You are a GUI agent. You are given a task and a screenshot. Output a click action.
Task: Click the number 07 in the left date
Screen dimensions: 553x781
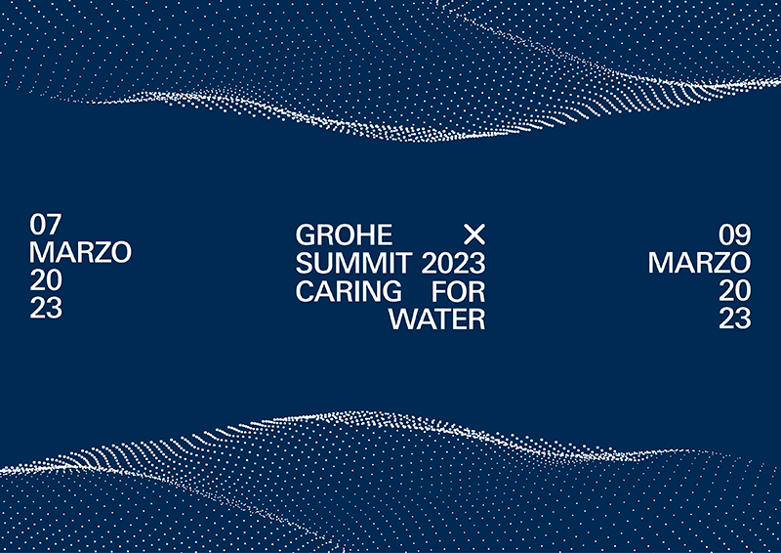pyautogui.click(x=47, y=224)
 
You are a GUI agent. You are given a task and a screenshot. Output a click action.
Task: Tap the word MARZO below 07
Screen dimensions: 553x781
pyautogui.click(x=80, y=252)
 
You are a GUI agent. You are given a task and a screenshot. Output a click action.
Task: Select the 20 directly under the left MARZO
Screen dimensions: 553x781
pyautogui.click(x=47, y=280)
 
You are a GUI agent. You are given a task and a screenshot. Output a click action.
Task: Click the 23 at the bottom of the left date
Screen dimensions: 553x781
pyautogui.click(x=47, y=309)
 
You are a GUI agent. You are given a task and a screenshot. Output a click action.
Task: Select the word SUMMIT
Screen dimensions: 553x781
pyautogui.click(x=354, y=263)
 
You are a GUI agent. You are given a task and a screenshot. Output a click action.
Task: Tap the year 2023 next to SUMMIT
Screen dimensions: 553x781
pyautogui.click(x=453, y=263)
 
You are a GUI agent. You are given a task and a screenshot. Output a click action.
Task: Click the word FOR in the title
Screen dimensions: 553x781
pyautogui.click(x=458, y=291)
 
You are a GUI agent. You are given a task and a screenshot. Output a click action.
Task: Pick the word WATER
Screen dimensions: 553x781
pyautogui.click(x=436, y=319)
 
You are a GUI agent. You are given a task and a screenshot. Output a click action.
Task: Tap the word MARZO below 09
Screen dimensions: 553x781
pyautogui.click(x=699, y=263)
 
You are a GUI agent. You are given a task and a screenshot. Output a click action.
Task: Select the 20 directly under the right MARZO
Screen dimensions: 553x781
pyautogui.click(x=734, y=291)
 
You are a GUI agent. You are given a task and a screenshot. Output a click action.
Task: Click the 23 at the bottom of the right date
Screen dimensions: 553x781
pyautogui.click(x=734, y=319)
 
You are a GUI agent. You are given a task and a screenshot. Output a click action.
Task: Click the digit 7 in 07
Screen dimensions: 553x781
pyautogui.click(x=55, y=224)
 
